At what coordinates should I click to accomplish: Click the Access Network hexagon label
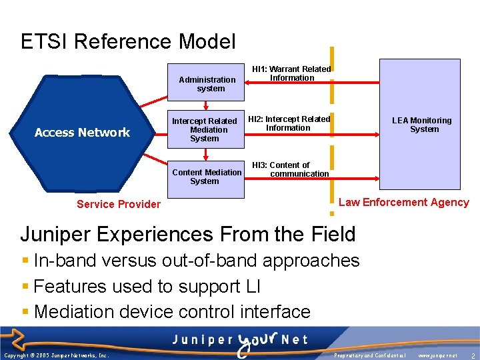[x=82, y=133]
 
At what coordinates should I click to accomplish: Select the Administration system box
[x=206, y=84]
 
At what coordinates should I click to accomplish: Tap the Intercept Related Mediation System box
[x=204, y=130]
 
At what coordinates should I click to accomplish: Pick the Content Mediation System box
[x=206, y=177]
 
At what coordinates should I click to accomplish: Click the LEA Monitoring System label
[x=421, y=125]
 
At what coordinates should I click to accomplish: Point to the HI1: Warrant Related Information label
[x=291, y=73]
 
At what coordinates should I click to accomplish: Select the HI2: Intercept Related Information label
[x=289, y=123]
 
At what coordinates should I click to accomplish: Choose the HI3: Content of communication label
[x=290, y=169]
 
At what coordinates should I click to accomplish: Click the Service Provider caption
[x=119, y=204]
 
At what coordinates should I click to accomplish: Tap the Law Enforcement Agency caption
[x=403, y=202]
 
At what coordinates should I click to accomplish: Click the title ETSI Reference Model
[x=128, y=42]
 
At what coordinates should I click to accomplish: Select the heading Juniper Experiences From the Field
[x=188, y=234]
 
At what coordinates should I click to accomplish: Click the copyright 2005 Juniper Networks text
[x=56, y=356]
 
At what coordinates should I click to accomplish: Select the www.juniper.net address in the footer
[x=437, y=356]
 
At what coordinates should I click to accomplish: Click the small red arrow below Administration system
[x=206, y=105]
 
